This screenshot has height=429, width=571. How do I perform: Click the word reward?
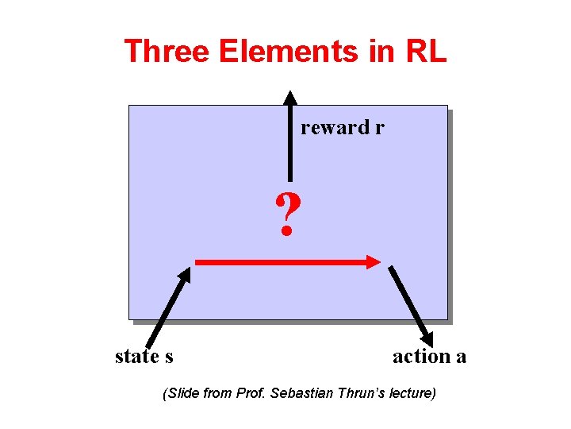(335, 128)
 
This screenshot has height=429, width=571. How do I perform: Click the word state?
(136, 357)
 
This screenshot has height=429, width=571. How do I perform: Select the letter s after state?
(169, 357)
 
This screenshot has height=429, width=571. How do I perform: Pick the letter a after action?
(461, 357)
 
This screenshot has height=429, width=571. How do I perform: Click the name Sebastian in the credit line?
(297, 393)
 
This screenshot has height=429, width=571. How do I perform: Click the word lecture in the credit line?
(409, 393)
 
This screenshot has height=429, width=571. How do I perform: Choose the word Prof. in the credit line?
(251, 393)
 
